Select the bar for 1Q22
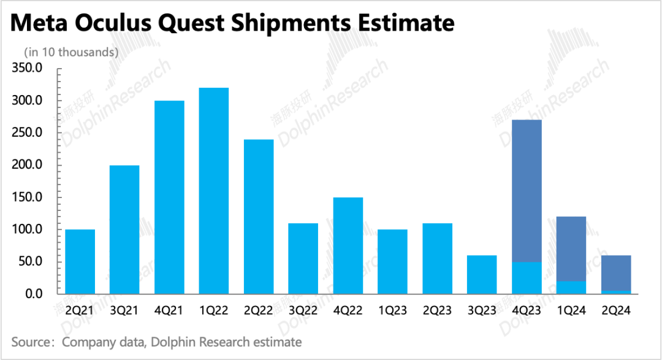(214, 191)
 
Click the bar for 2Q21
(80, 262)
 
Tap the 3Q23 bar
(482, 275)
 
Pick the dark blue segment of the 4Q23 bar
(527, 191)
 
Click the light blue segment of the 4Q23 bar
(527, 278)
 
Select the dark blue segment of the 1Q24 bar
(571, 249)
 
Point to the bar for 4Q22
(348, 245)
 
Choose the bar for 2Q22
(259, 216)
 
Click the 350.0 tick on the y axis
(27, 68)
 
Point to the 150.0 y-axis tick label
(27, 197)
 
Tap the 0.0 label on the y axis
(32, 294)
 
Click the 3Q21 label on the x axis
(124, 311)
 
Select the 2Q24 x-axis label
(616, 311)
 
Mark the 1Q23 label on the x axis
(392, 311)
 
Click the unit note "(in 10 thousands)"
(71, 53)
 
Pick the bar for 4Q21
(169, 197)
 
